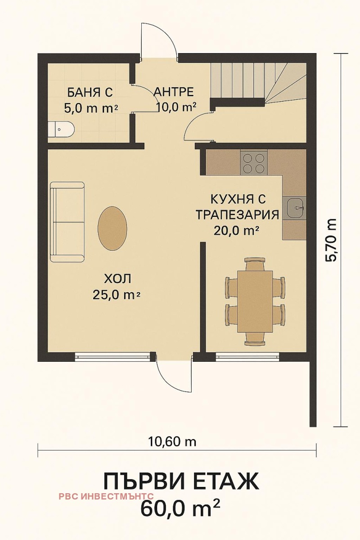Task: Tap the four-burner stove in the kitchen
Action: point(254,163)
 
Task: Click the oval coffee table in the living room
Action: point(112,228)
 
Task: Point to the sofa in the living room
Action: point(67,222)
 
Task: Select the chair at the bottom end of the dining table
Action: point(255,338)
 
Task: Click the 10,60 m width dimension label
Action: point(172,441)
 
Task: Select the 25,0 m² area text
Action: point(116,295)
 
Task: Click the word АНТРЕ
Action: point(174,92)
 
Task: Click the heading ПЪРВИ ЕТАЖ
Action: point(181,481)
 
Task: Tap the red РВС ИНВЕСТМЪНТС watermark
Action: point(106,496)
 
